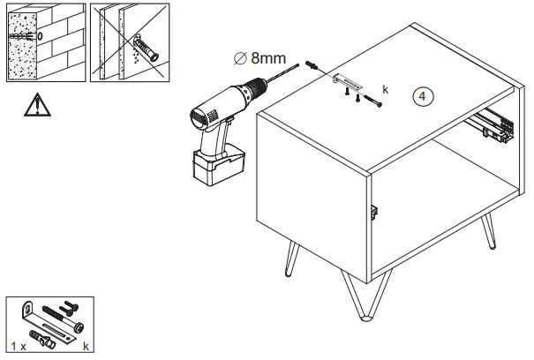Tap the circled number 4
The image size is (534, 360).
pos(425,98)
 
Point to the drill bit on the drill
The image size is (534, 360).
pos(279,78)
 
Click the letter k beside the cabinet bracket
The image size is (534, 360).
pos(386,90)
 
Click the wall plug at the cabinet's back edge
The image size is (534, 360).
pos(312,66)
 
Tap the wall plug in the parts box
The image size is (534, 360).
pos(41,337)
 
